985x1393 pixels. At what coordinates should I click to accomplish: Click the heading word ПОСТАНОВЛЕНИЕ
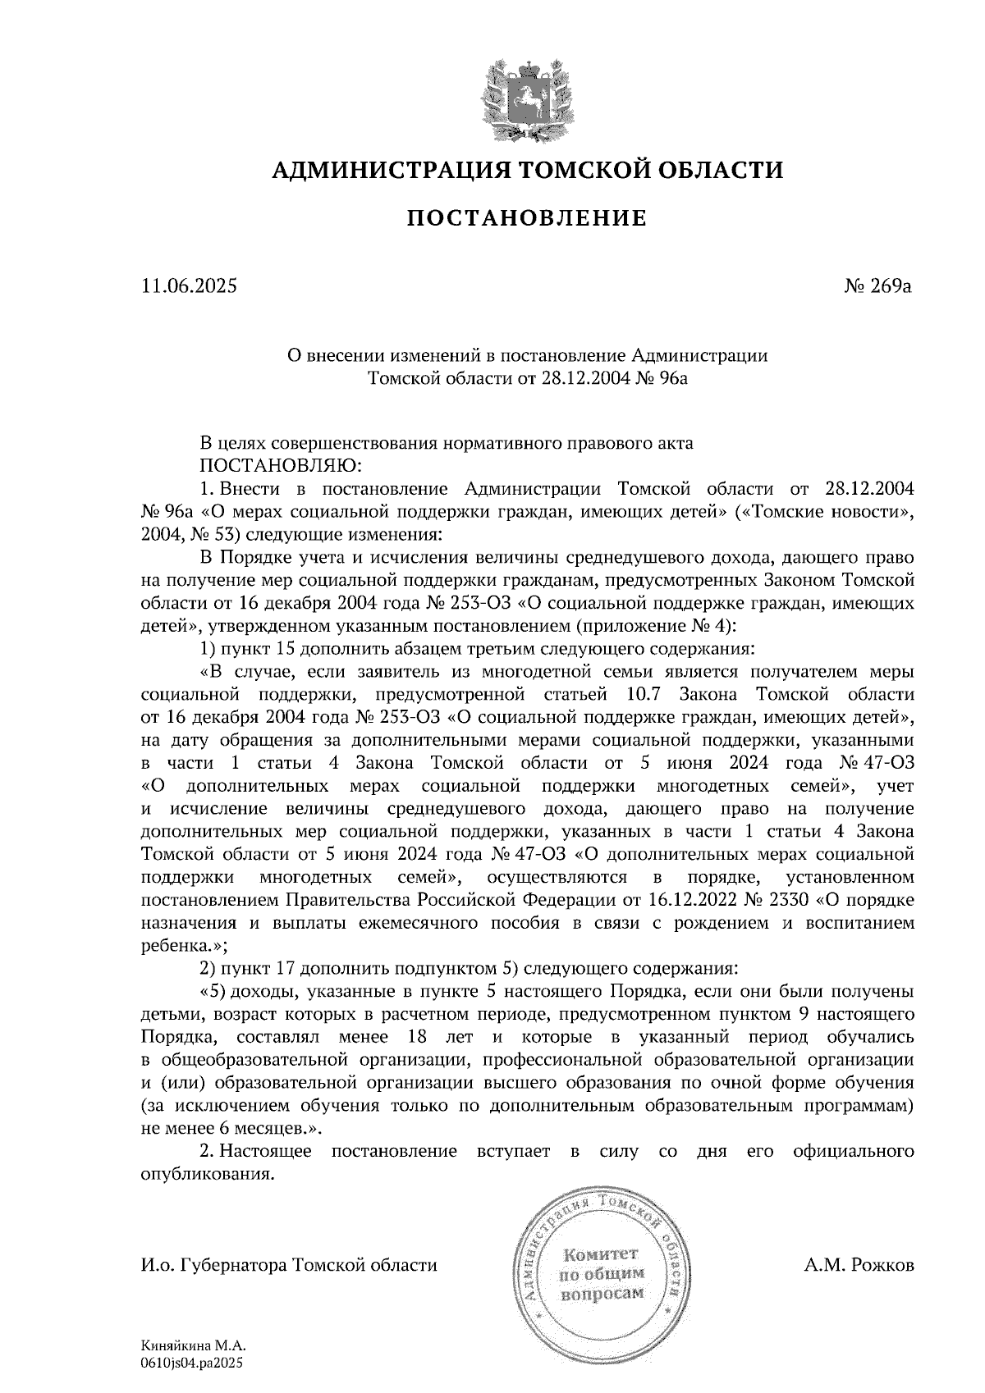coord(527,219)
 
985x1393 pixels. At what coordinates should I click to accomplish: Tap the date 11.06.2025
coord(189,286)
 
